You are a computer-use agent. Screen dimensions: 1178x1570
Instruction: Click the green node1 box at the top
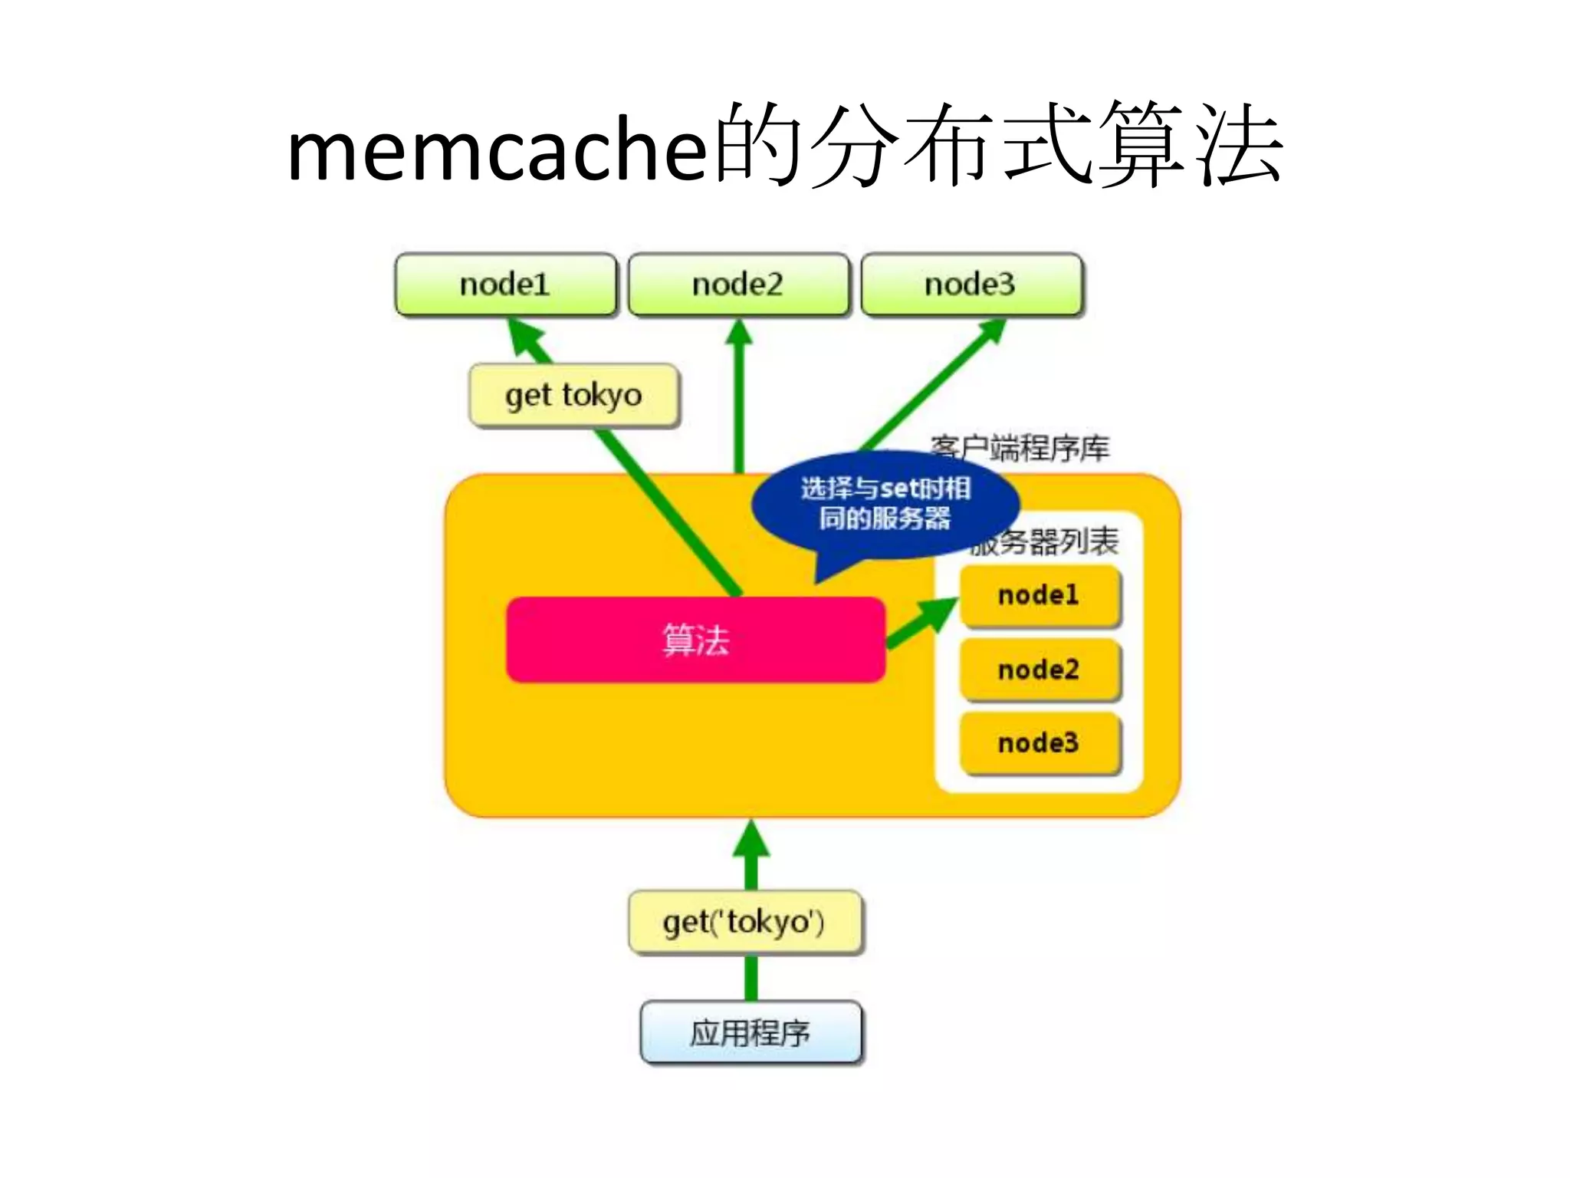tap(505, 285)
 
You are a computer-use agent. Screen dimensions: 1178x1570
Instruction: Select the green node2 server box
tap(738, 285)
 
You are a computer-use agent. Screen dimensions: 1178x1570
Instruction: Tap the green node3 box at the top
tap(971, 285)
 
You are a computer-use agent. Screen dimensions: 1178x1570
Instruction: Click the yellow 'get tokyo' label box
tap(574, 396)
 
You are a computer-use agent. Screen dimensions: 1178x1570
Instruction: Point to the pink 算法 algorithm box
tap(695, 640)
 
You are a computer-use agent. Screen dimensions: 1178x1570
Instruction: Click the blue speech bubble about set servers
tap(885, 504)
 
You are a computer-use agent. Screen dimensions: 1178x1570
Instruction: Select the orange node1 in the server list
tap(1040, 595)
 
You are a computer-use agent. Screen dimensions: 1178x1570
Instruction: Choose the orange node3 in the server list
tap(1040, 743)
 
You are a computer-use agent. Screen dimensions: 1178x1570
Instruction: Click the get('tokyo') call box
tap(744, 922)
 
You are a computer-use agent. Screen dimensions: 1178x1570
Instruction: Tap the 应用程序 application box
tap(751, 1032)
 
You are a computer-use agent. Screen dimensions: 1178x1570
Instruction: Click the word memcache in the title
tap(497, 150)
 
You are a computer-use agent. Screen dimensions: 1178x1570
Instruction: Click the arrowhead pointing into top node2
tap(739, 332)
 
